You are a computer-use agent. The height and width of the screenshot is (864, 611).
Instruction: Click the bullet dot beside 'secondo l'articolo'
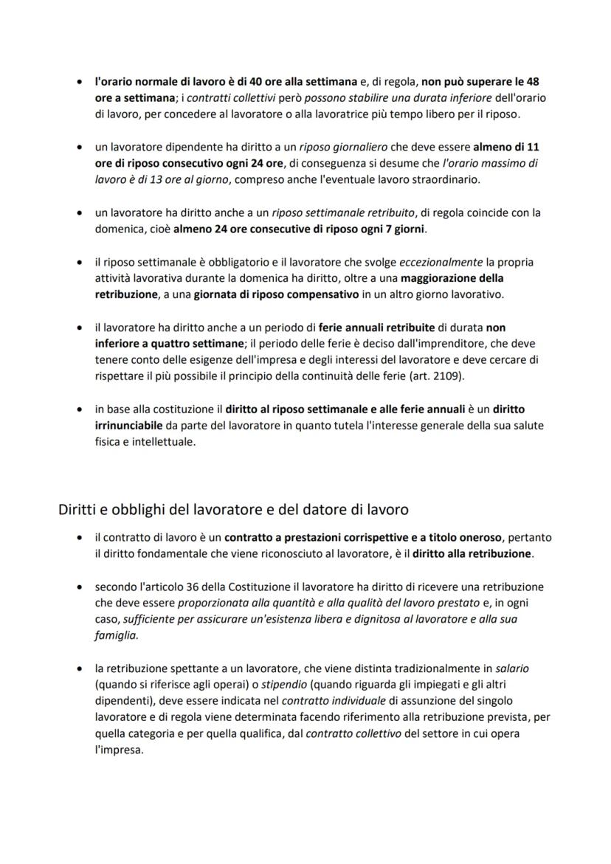pyautogui.click(x=79, y=587)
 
